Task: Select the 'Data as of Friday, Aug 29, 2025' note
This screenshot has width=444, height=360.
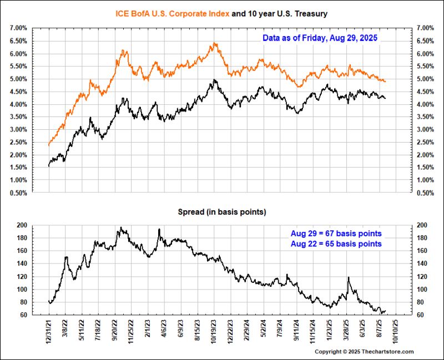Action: (x=320, y=38)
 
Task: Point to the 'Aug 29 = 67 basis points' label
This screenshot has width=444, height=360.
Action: (x=336, y=233)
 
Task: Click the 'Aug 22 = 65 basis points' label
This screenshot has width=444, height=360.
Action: (x=336, y=244)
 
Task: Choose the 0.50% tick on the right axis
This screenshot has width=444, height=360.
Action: (x=425, y=193)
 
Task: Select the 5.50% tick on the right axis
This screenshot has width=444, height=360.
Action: (x=425, y=66)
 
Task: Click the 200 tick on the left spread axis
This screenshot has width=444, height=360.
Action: (x=22, y=225)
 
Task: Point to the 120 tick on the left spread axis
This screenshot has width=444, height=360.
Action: (x=22, y=276)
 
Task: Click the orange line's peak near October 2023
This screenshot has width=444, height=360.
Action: (x=214, y=43)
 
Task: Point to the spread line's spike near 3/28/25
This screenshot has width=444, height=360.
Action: (x=348, y=277)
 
